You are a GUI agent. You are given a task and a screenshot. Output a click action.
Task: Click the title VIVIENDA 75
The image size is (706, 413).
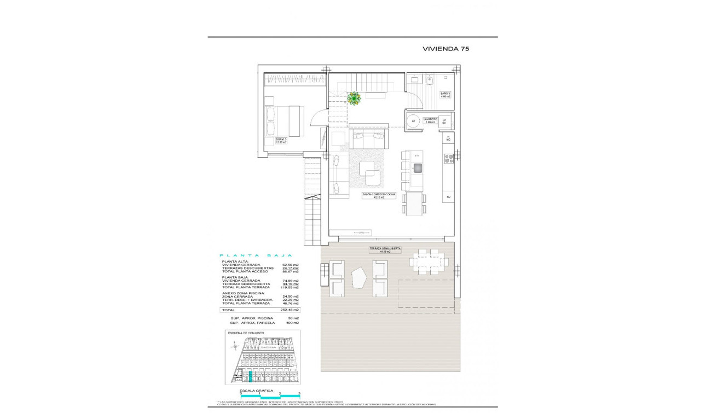click(445, 49)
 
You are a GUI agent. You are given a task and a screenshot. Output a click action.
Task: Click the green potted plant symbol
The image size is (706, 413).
click(354, 98)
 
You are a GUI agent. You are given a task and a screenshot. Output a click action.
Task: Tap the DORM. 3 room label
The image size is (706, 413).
click(281, 141)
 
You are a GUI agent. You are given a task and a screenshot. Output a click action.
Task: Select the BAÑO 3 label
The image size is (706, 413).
click(445, 95)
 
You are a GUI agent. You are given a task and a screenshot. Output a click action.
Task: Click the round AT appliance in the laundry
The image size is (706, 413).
click(413, 121)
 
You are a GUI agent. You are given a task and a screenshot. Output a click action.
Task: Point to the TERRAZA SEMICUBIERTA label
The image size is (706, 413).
click(384, 250)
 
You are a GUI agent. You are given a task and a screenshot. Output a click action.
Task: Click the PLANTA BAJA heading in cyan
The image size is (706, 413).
click(256, 255)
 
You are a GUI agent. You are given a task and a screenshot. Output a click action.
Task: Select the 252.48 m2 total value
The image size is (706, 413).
click(290, 310)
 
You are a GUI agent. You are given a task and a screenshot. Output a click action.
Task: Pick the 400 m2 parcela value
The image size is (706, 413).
click(292, 323)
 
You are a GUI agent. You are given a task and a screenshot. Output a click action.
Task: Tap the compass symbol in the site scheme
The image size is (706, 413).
click(235, 345)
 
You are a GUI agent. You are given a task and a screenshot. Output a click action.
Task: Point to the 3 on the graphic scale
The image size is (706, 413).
click(299, 393)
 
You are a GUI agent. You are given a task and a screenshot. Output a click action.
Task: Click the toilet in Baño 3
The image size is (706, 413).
click(430, 81)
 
